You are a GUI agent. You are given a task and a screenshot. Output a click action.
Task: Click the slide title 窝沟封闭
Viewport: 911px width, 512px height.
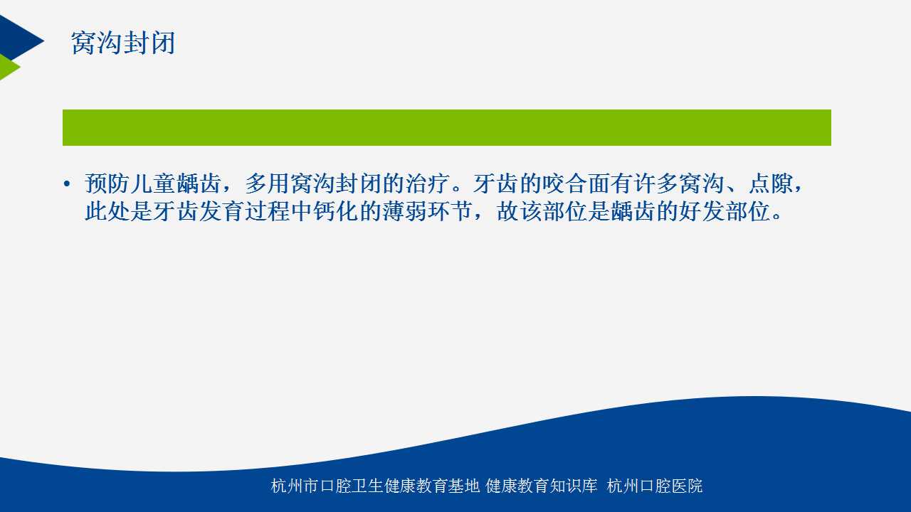(123, 43)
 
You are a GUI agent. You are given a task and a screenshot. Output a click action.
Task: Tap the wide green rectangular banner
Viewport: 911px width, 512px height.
(446, 127)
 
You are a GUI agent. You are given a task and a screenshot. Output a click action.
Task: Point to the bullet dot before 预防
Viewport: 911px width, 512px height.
(67, 184)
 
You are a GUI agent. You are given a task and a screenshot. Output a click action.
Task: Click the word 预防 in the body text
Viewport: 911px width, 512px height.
(107, 183)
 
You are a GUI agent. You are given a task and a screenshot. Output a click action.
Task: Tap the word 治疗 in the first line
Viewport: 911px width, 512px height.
(427, 183)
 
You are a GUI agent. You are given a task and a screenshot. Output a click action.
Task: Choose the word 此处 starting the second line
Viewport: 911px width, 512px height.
(107, 211)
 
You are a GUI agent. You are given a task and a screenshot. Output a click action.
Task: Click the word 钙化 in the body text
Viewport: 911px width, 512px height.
(337, 211)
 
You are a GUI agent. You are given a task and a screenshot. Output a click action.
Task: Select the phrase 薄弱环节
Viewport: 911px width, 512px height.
(428, 211)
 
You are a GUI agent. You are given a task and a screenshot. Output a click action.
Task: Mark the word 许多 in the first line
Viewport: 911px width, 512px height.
(656, 183)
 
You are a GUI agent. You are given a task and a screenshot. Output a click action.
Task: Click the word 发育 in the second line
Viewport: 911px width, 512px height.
(222, 211)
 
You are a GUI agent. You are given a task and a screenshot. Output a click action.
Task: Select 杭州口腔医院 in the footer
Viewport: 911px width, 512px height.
(655, 486)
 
